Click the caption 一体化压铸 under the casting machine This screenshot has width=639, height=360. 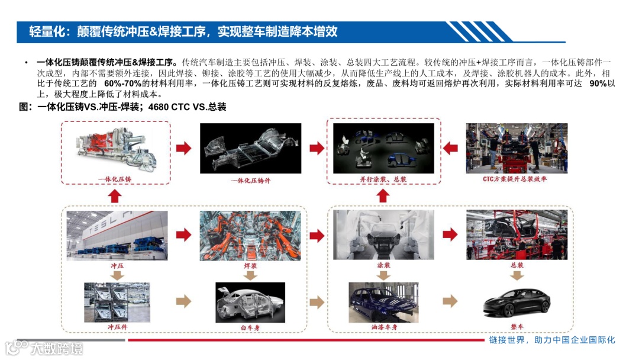tap(115, 179)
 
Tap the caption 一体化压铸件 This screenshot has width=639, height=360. tap(250, 181)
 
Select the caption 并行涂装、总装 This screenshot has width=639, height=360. tap(383, 179)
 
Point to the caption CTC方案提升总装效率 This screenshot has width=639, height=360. tap(515, 179)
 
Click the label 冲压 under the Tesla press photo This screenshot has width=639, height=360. tap(117, 266)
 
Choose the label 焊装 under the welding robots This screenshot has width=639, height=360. tap(250, 266)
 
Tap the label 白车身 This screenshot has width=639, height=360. tap(250, 327)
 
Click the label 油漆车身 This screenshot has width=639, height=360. tap(384, 327)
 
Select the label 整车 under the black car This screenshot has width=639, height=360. tap(517, 327)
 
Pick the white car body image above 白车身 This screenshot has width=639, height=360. tap(250, 303)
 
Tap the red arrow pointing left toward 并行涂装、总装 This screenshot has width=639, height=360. tap(450, 148)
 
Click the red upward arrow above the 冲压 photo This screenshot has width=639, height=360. tap(115, 197)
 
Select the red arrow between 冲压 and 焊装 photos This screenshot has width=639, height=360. tap(184, 235)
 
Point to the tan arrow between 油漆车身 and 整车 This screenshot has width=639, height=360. tap(450, 301)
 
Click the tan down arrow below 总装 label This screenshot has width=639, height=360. tap(517, 275)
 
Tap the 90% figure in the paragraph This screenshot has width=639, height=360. tap(598, 83)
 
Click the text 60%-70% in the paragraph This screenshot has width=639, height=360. tap(122, 83)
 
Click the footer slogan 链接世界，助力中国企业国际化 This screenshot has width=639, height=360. tap(552, 340)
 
